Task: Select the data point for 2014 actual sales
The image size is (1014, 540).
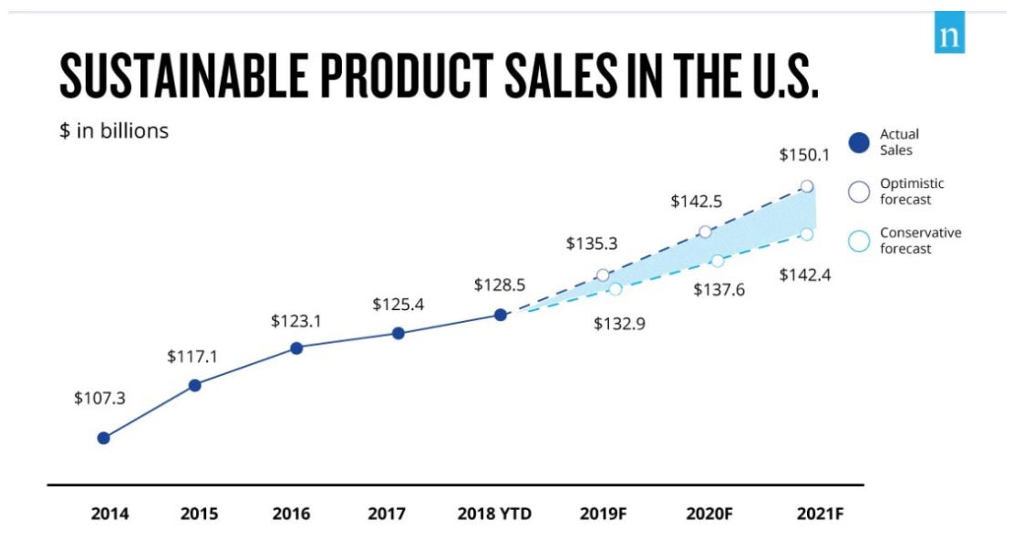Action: tap(104, 438)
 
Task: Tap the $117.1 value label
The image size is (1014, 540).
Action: tap(192, 357)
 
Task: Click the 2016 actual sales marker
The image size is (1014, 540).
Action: tap(296, 348)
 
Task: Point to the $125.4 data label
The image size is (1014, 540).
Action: tap(398, 305)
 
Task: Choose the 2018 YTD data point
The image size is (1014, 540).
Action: tap(501, 315)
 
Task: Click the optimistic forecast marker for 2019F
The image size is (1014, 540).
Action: tap(603, 275)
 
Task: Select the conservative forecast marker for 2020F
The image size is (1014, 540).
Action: tap(718, 261)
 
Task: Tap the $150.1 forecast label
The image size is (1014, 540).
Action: tap(804, 155)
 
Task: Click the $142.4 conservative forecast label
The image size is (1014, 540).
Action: tap(805, 275)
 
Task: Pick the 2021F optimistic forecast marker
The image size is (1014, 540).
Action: tap(807, 186)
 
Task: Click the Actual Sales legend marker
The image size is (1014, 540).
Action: tap(859, 142)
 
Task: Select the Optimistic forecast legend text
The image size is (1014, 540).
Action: tap(911, 192)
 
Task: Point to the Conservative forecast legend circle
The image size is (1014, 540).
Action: tap(859, 241)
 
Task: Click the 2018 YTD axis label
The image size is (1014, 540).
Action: tap(494, 514)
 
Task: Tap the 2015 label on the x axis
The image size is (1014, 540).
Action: tap(199, 514)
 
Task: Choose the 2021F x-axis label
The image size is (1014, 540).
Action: tap(820, 514)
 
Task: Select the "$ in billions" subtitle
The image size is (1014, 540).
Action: tap(114, 130)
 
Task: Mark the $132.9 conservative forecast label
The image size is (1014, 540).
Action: tap(619, 323)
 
